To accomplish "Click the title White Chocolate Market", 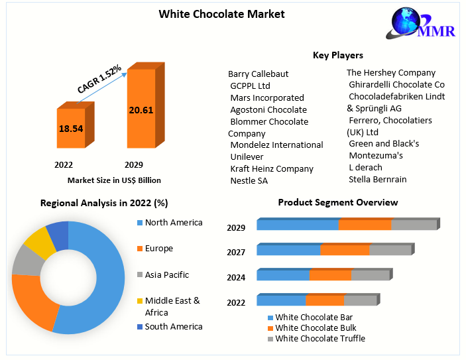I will tap(221, 14).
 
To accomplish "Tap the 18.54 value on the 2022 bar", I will tap(71, 128).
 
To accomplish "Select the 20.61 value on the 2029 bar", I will tap(141, 109).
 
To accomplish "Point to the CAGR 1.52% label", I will tap(99, 80).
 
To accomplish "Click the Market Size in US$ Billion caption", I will tap(114, 180).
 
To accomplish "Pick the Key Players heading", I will tap(337, 55).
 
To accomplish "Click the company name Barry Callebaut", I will tap(258, 74).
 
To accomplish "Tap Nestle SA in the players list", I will tap(249, 180).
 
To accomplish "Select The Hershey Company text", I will tap(391, 72).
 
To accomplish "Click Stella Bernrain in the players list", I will tap(377, 179).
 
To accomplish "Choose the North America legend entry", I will tap(173, 223).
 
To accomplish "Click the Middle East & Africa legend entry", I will tap(172, 306).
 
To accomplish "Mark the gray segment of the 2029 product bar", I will tap(414, 225).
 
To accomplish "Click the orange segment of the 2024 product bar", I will tap(330, 275).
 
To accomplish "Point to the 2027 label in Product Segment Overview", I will tap(236, 252).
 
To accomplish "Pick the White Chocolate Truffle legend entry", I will tap(320, 339).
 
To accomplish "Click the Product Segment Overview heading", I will tap(337, 202).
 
